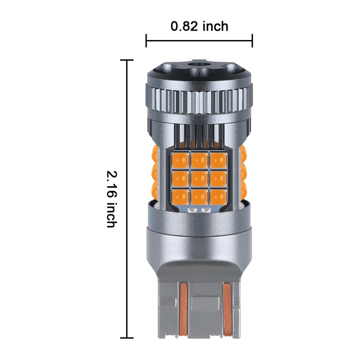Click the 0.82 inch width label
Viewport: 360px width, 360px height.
tap(199, 26)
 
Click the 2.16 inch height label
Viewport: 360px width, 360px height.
tap(112, 199)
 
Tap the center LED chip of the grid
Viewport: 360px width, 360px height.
tap(199, 179)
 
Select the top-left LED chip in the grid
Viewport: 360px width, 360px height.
tap(180, 160)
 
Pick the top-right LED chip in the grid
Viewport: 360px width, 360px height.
tap(218, 160)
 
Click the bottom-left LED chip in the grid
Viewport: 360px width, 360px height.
tap(180, 197)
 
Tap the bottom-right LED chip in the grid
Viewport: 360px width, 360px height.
tap(218, 197)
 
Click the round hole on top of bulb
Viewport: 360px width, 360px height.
tap(199, 63)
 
